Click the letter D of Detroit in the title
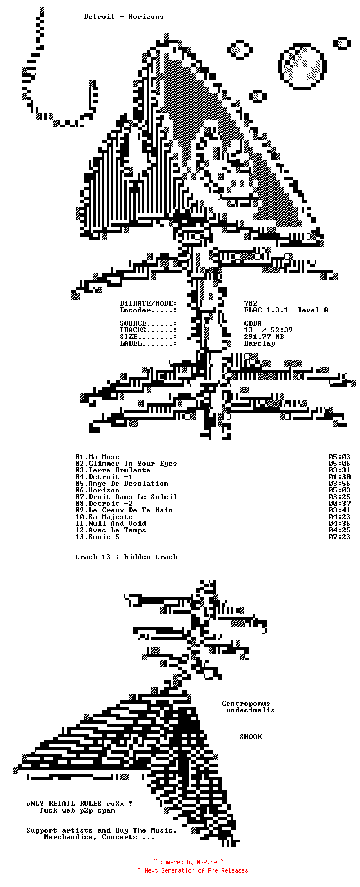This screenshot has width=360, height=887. (x=86, y=17)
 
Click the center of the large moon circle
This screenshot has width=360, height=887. (x=302, y=66)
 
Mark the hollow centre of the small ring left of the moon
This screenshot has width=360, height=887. (x=239, y=50)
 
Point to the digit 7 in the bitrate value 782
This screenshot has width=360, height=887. (x=246, y=303)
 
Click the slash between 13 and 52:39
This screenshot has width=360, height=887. (x=264, y=330)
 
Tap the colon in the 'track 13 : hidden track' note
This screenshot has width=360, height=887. (x=117, y=557)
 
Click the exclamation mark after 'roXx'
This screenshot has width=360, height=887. (x=131, y=804)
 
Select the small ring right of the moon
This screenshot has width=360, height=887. (x=342, y=43)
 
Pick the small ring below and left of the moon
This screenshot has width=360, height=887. (x=257, y=96)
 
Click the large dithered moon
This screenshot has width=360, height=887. (x=302, y=66)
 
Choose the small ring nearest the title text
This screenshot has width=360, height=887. (x=239, y=50)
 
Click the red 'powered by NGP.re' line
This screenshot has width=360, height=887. (x=188, y=862)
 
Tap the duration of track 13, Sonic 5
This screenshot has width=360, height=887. (x=339, y=537)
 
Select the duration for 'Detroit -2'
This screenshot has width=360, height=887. (x=339, y=504)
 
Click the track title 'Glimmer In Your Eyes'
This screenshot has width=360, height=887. (x=133, y=464)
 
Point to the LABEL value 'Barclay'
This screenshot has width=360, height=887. (x=259, y=343)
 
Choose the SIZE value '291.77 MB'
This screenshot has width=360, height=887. (x=264, y=337)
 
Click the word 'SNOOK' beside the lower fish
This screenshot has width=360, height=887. (x=251, y=737)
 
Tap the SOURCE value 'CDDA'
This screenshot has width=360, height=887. (x=253, y=323)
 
